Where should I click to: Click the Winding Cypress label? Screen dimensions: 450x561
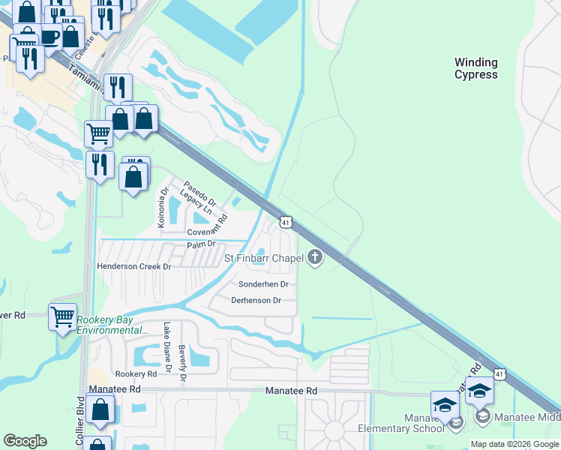coord(475,68)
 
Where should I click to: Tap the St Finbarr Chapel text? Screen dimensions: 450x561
coord(264,259)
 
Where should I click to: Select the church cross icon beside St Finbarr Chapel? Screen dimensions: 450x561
coord(315,259)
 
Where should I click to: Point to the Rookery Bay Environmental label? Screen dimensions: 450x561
coord(112,325)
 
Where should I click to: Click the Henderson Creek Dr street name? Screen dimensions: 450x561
coord(134,266)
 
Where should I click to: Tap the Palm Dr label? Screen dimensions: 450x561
coord(201,244)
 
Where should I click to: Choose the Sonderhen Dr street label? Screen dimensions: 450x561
coord(263,285)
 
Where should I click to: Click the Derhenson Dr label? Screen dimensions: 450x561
coord(256,301)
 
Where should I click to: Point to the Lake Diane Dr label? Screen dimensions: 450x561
coord(167,342)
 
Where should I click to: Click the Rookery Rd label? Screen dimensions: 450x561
coord(136,373)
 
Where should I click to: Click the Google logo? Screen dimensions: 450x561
coord(25,441)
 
